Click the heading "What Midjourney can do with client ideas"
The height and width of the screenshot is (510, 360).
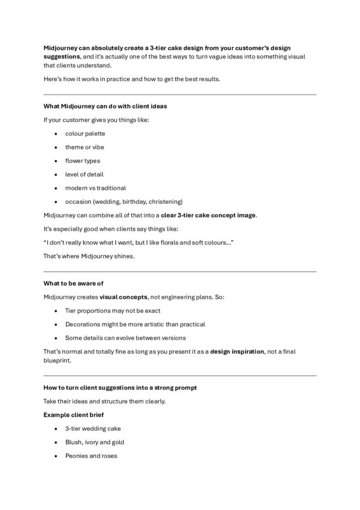coord(105,106)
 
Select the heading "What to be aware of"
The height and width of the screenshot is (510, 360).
coord(73,283)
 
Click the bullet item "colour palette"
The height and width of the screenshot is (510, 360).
coord(85,134)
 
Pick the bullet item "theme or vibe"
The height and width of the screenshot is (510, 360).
coord(84,148)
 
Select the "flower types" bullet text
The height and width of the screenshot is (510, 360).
coord(83,161)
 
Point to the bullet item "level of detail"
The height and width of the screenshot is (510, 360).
coord(84,175)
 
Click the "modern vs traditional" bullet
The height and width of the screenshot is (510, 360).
coord(96,188)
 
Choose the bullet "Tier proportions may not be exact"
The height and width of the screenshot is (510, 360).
coord(113,311)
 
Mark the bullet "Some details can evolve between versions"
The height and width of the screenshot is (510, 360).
coord(125,338)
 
